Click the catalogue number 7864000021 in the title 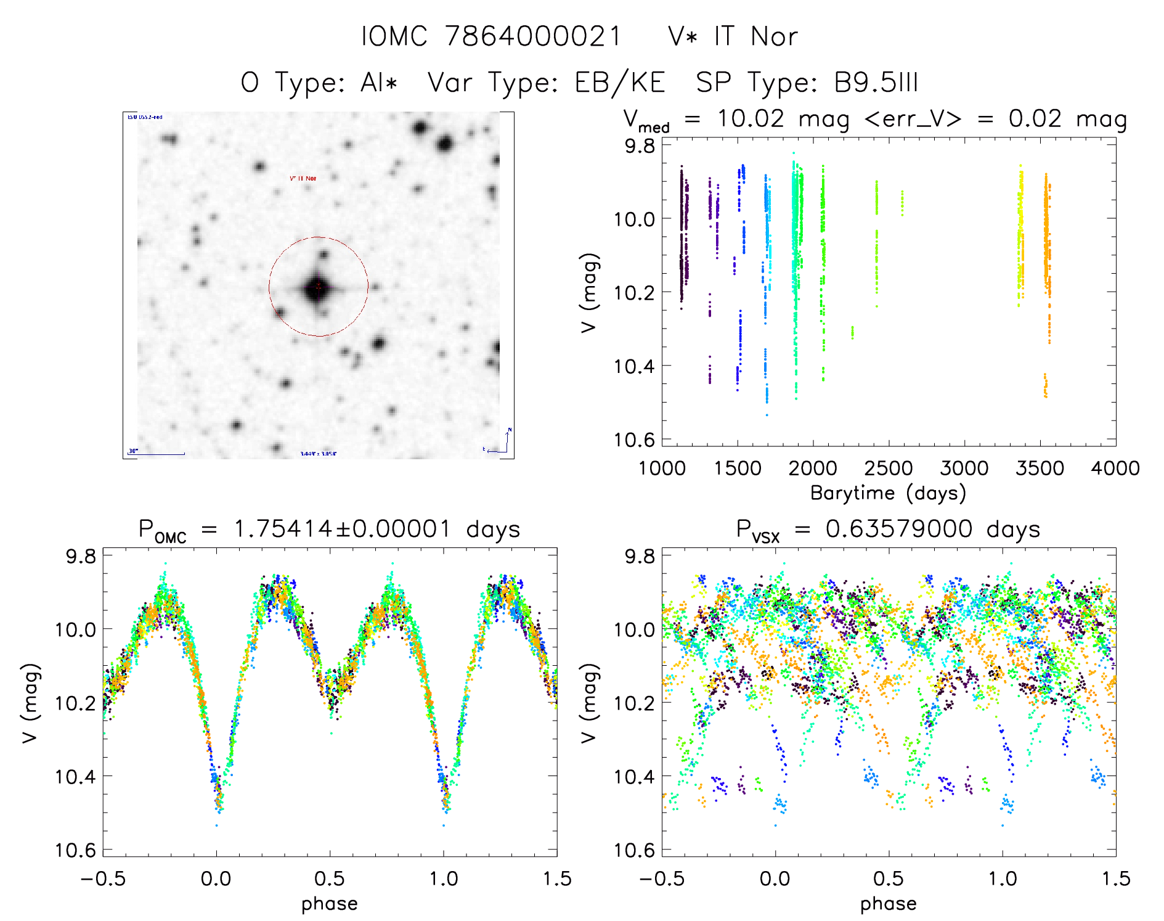[533, 36]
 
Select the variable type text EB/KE [620, 83]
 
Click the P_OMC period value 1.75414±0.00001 [343, 529]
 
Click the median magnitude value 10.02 [751, 118]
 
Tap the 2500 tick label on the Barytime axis [889, 469]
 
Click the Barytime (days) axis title [888, 493]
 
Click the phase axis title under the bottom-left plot [330, 904]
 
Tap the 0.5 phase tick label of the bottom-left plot [330, 878]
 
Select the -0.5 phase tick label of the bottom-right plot [662, 878]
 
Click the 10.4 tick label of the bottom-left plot [75, 776]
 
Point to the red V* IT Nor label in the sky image [303, 178]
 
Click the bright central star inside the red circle [317, 288]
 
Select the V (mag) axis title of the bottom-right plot [590, 703]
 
